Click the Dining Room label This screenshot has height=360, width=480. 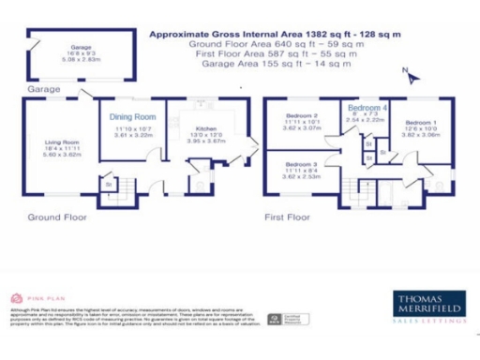[127, 116]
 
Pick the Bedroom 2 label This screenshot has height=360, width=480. [302, 116]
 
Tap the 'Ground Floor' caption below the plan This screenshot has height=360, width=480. [57, 217]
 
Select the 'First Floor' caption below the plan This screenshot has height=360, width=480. [287, 217]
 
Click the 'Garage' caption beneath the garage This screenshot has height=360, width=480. [44, 89]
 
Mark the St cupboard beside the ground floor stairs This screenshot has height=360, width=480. [108, 185]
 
